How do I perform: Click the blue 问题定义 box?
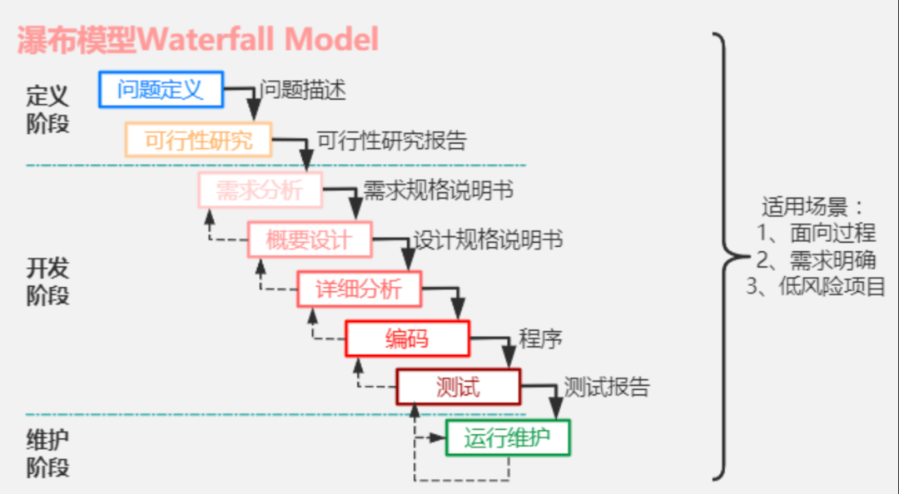pos(161,89)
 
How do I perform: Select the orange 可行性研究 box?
pos(198,139)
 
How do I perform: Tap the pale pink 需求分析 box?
pos(260,190)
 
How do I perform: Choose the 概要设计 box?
pos(310,240)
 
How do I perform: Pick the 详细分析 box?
pos(360,289)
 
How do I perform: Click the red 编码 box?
pos(408,338)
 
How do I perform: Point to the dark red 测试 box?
pos(458,387)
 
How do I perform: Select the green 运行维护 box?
pos(508,437)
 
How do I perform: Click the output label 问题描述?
pos(303,90)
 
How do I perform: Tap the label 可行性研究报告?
pos(392,141)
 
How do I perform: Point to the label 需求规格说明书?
pos(438,190)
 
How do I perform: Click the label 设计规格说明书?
pos(488,240)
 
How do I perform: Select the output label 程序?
pos(540,338)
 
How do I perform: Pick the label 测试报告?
pos(607,388)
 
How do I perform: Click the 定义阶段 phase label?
pos(47,110)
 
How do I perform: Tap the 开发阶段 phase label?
pos(47,281)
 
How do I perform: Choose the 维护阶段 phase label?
pos(47,453)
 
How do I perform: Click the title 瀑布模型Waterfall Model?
pos(198,40)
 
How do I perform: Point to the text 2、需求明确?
pos(816,259)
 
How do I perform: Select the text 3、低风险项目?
pos(816,286)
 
